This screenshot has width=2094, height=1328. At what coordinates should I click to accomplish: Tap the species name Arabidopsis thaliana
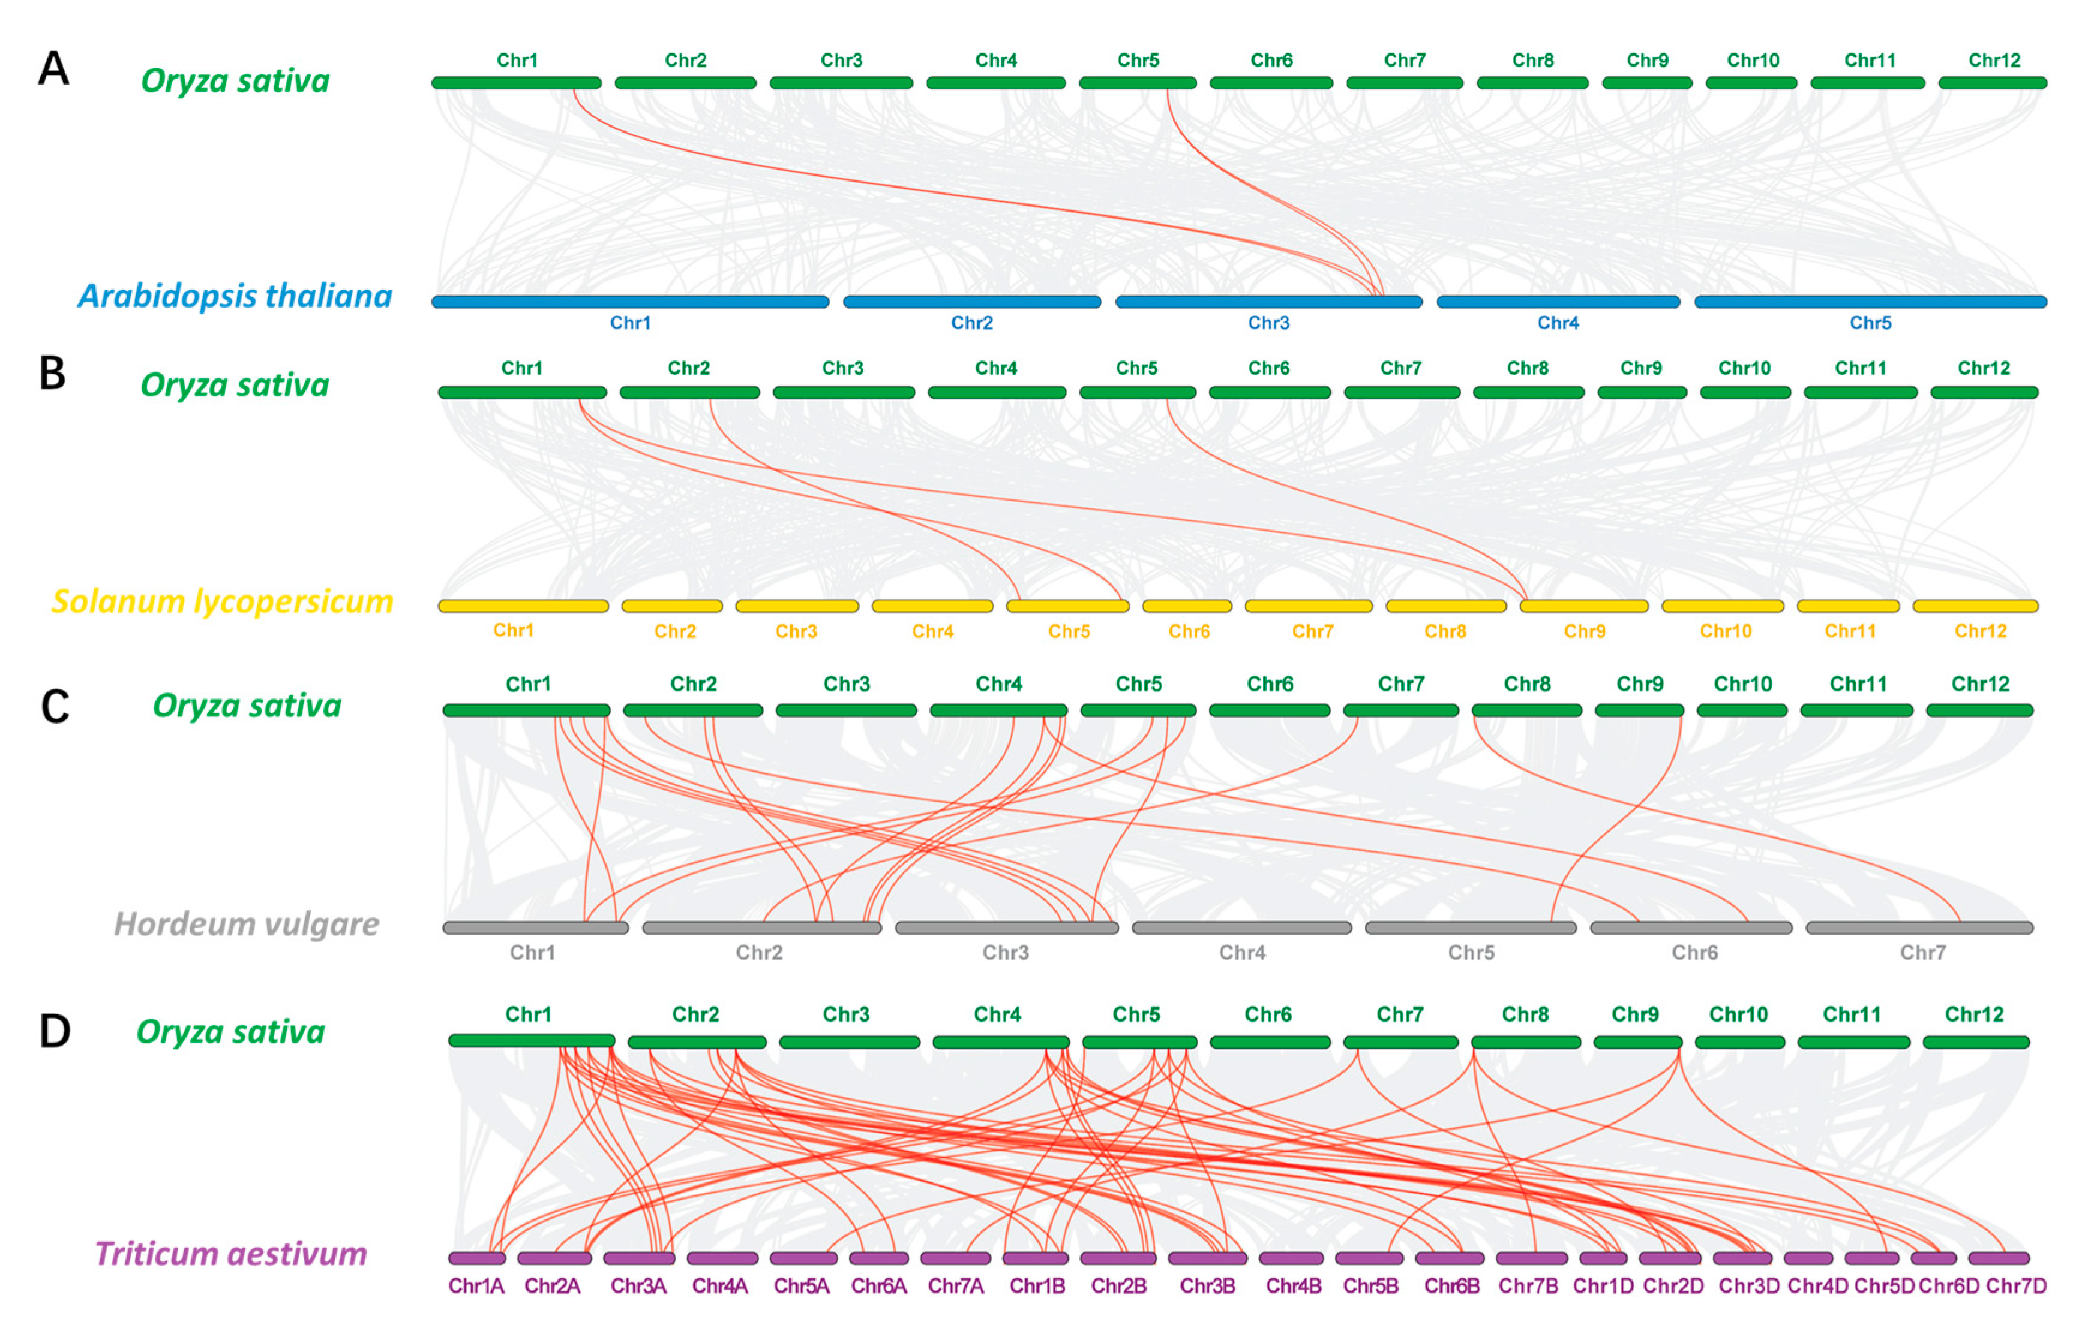(x=235, y=296)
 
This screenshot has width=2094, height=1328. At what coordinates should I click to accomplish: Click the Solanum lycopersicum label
(x=223, y=601)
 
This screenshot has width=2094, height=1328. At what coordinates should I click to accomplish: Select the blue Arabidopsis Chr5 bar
(x=1870, y=302)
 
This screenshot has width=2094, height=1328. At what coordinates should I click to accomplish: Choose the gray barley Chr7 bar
(x=1919, y=928)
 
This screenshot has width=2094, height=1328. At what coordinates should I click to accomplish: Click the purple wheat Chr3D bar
(x=1742, y=1258)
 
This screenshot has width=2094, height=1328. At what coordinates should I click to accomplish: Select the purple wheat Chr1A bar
(x=476, y=1258)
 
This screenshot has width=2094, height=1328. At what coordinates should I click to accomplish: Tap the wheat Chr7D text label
(x=2016, y=1286)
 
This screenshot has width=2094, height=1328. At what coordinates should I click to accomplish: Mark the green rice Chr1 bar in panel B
(x=522, y=393)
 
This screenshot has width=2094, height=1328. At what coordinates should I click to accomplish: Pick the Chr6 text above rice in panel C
(x=1270, y=684)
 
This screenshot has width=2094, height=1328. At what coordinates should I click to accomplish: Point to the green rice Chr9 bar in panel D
(x=1637, y=1042)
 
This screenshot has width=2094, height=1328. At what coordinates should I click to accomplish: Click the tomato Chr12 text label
(x=1980, y=631)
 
